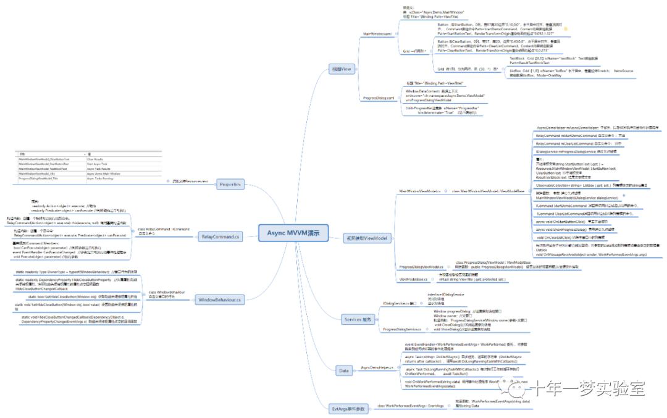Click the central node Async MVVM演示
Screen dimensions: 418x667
tap(293, 233)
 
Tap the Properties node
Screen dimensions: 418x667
tap(230, 184)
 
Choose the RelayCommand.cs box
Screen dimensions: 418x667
tap(220, 236)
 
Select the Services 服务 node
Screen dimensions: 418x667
tap(358, 319)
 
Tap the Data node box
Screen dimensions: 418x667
tap(344, 370)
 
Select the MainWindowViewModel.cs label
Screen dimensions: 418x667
tap(419, 191)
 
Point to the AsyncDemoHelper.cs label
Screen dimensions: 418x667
tap(378, 367)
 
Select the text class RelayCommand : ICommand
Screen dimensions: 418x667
tap(155, 231)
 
